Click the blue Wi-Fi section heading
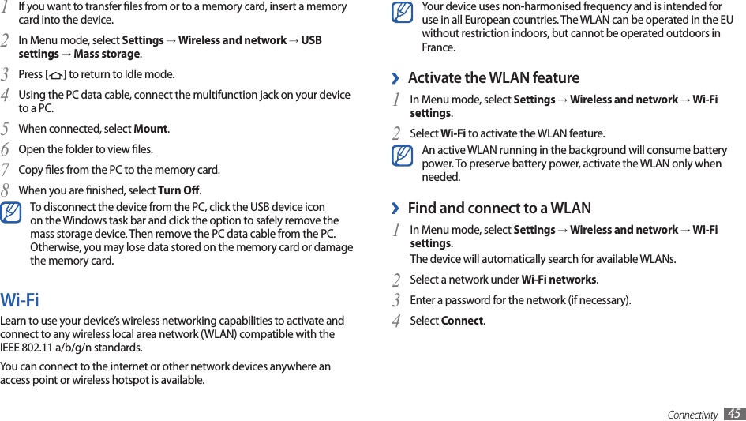20,300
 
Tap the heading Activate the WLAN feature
493,77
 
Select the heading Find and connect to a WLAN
499,208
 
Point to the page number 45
734,414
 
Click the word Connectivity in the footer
692,415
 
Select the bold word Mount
151,129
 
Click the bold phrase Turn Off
178,190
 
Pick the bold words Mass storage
107,54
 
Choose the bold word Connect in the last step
462,321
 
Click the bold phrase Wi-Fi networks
559,280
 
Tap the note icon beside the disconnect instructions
12,213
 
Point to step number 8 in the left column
6,190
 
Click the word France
438,47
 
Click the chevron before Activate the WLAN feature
395,78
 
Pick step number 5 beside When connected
6,129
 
